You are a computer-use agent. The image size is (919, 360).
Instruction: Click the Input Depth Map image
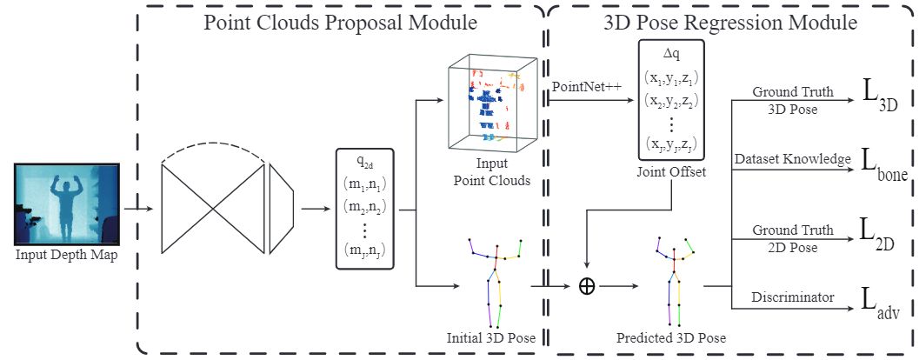tap(67, 204)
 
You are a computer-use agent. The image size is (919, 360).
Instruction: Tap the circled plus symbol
tap(587, 286)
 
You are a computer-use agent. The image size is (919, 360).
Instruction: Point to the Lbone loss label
tap(885, 166)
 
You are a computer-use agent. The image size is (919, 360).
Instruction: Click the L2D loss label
tap(878, 235)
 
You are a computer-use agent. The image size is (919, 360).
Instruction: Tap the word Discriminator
tap(793, 297)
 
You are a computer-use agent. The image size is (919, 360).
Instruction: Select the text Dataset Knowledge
tap(793, 159)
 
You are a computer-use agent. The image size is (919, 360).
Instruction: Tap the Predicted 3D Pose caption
tap(671, 338)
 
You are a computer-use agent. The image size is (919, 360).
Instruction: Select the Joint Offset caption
tap(671, 172)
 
